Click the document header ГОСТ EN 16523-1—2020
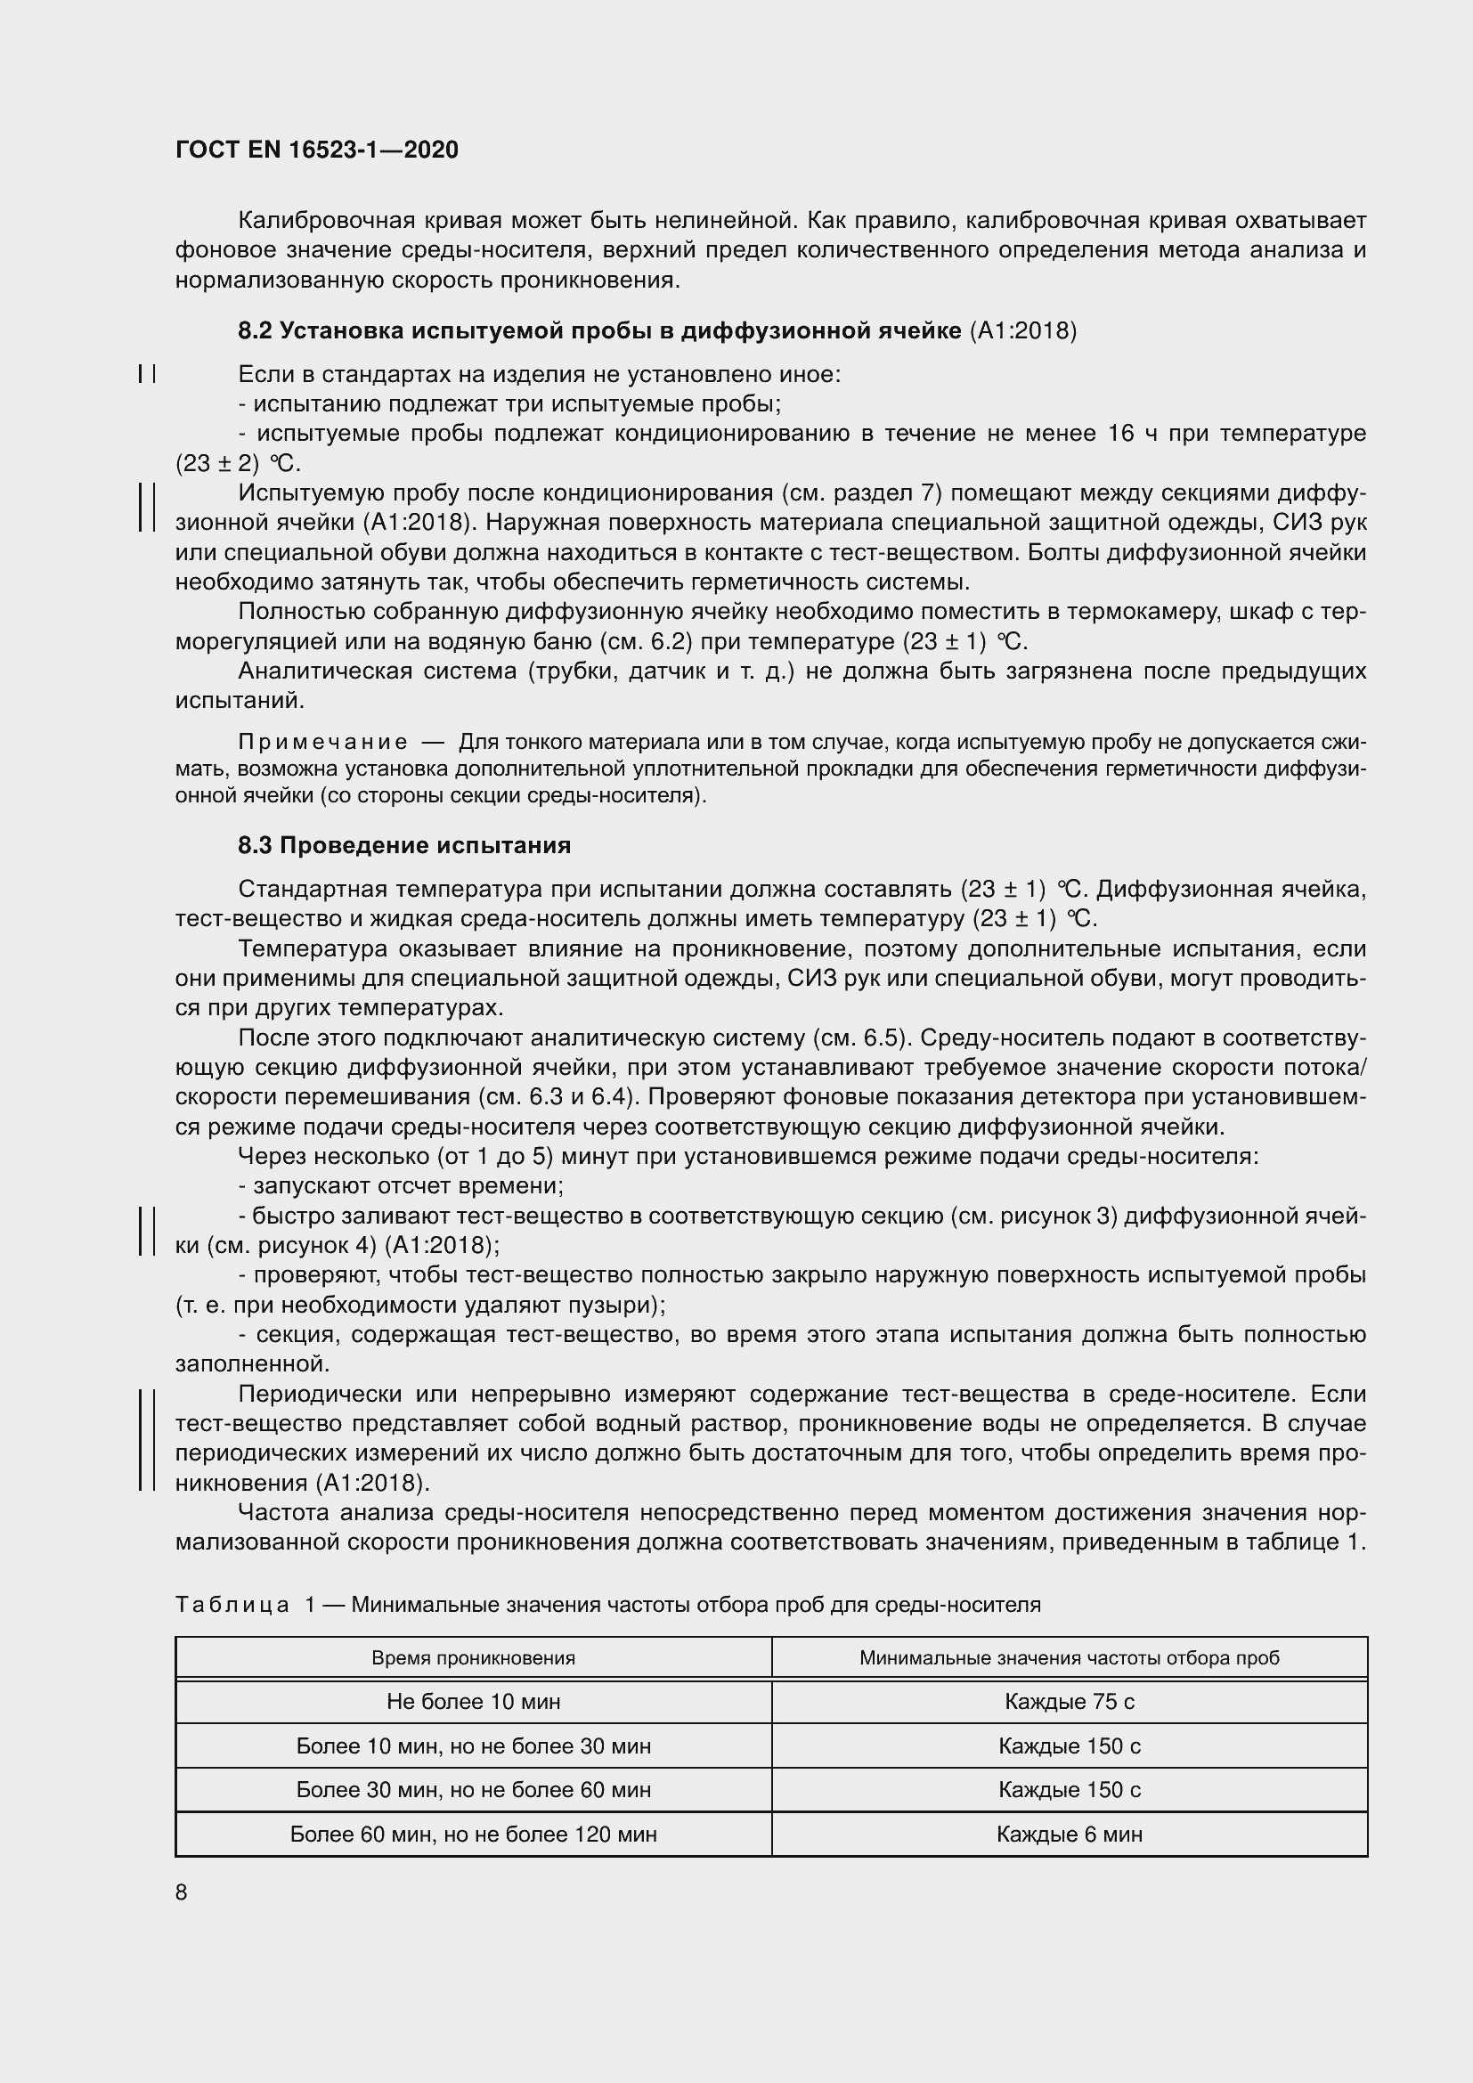316,150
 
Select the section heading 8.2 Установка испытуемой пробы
598,331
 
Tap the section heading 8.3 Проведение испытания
404,845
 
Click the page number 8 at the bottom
182,1892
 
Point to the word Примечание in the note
323,742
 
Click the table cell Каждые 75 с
1070,1702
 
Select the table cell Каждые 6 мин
1070,1835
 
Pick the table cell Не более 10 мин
474,1702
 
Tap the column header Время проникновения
474,1658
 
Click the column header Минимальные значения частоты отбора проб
1070,1658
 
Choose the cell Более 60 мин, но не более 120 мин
474,1835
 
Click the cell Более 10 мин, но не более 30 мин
474,1746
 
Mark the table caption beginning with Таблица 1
607,1605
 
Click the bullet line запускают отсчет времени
401,1185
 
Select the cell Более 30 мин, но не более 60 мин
474,1790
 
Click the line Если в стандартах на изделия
539,374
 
